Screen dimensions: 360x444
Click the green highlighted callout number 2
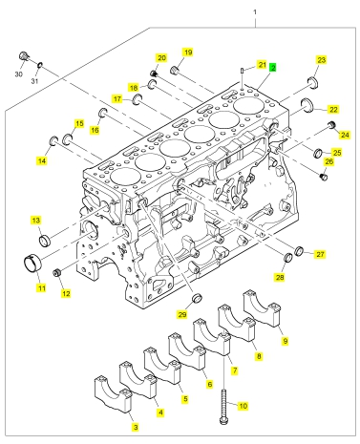273,68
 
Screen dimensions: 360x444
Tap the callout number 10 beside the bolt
243,406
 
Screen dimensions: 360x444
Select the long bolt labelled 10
224,407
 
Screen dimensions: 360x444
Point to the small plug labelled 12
57,272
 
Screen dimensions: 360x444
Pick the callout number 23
322,60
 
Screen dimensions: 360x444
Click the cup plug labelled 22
307,105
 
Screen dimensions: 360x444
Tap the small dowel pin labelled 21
243,70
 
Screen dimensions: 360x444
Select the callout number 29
182,314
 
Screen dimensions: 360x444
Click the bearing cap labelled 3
113,394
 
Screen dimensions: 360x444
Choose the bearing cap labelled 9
262,308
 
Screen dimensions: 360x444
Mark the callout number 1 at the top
255,12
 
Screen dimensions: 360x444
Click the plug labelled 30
23,56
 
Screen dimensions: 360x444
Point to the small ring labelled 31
40,65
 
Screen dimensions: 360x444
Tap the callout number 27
320,254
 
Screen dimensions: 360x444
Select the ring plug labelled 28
287,258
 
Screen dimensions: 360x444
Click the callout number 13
35,221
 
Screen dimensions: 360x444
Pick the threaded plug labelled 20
154,74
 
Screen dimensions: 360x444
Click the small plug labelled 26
324,177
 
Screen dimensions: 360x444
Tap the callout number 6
209,384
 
